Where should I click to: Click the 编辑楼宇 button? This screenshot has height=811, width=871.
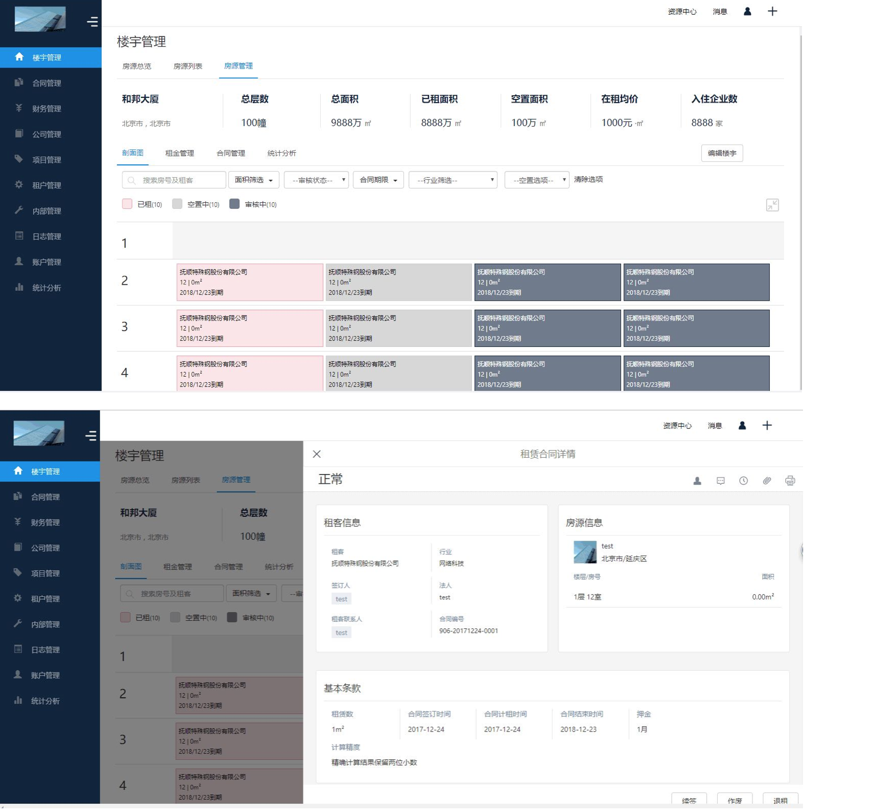(x=721, y=153)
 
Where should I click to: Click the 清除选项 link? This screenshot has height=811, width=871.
(x=588, y=179)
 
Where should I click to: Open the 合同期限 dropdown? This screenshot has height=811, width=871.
(x=378, y=180)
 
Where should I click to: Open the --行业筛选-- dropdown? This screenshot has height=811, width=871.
(x=453, y=180)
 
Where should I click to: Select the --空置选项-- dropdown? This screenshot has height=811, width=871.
(x=536, y=180)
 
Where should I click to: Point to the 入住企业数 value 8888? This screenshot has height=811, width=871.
(x=701, y=123)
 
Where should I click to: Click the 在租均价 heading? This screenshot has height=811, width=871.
(x=619, y=99)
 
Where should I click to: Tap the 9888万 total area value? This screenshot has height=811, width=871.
(x=346, y=123)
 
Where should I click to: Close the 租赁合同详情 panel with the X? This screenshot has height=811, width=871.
(x=317, y=454)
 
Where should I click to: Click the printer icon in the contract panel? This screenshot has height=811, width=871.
(x=789, y=481)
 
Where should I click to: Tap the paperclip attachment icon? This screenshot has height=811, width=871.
(x=767, y=481)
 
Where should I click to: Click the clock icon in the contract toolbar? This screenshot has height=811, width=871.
(x=743, y=481)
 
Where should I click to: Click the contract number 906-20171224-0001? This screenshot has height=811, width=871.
(x=468, y=631)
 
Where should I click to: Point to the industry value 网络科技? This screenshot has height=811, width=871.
(x=451, y=564)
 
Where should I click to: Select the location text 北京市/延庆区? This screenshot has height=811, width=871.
(x=624, y=559)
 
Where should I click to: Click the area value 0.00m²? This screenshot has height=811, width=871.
(x=762, y=597)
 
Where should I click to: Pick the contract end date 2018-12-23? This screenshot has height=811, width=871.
(x=578, y=729)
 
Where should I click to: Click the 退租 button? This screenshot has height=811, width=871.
(x=780, y=801)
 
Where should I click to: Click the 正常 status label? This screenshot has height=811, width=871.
(x=330, y=479)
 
